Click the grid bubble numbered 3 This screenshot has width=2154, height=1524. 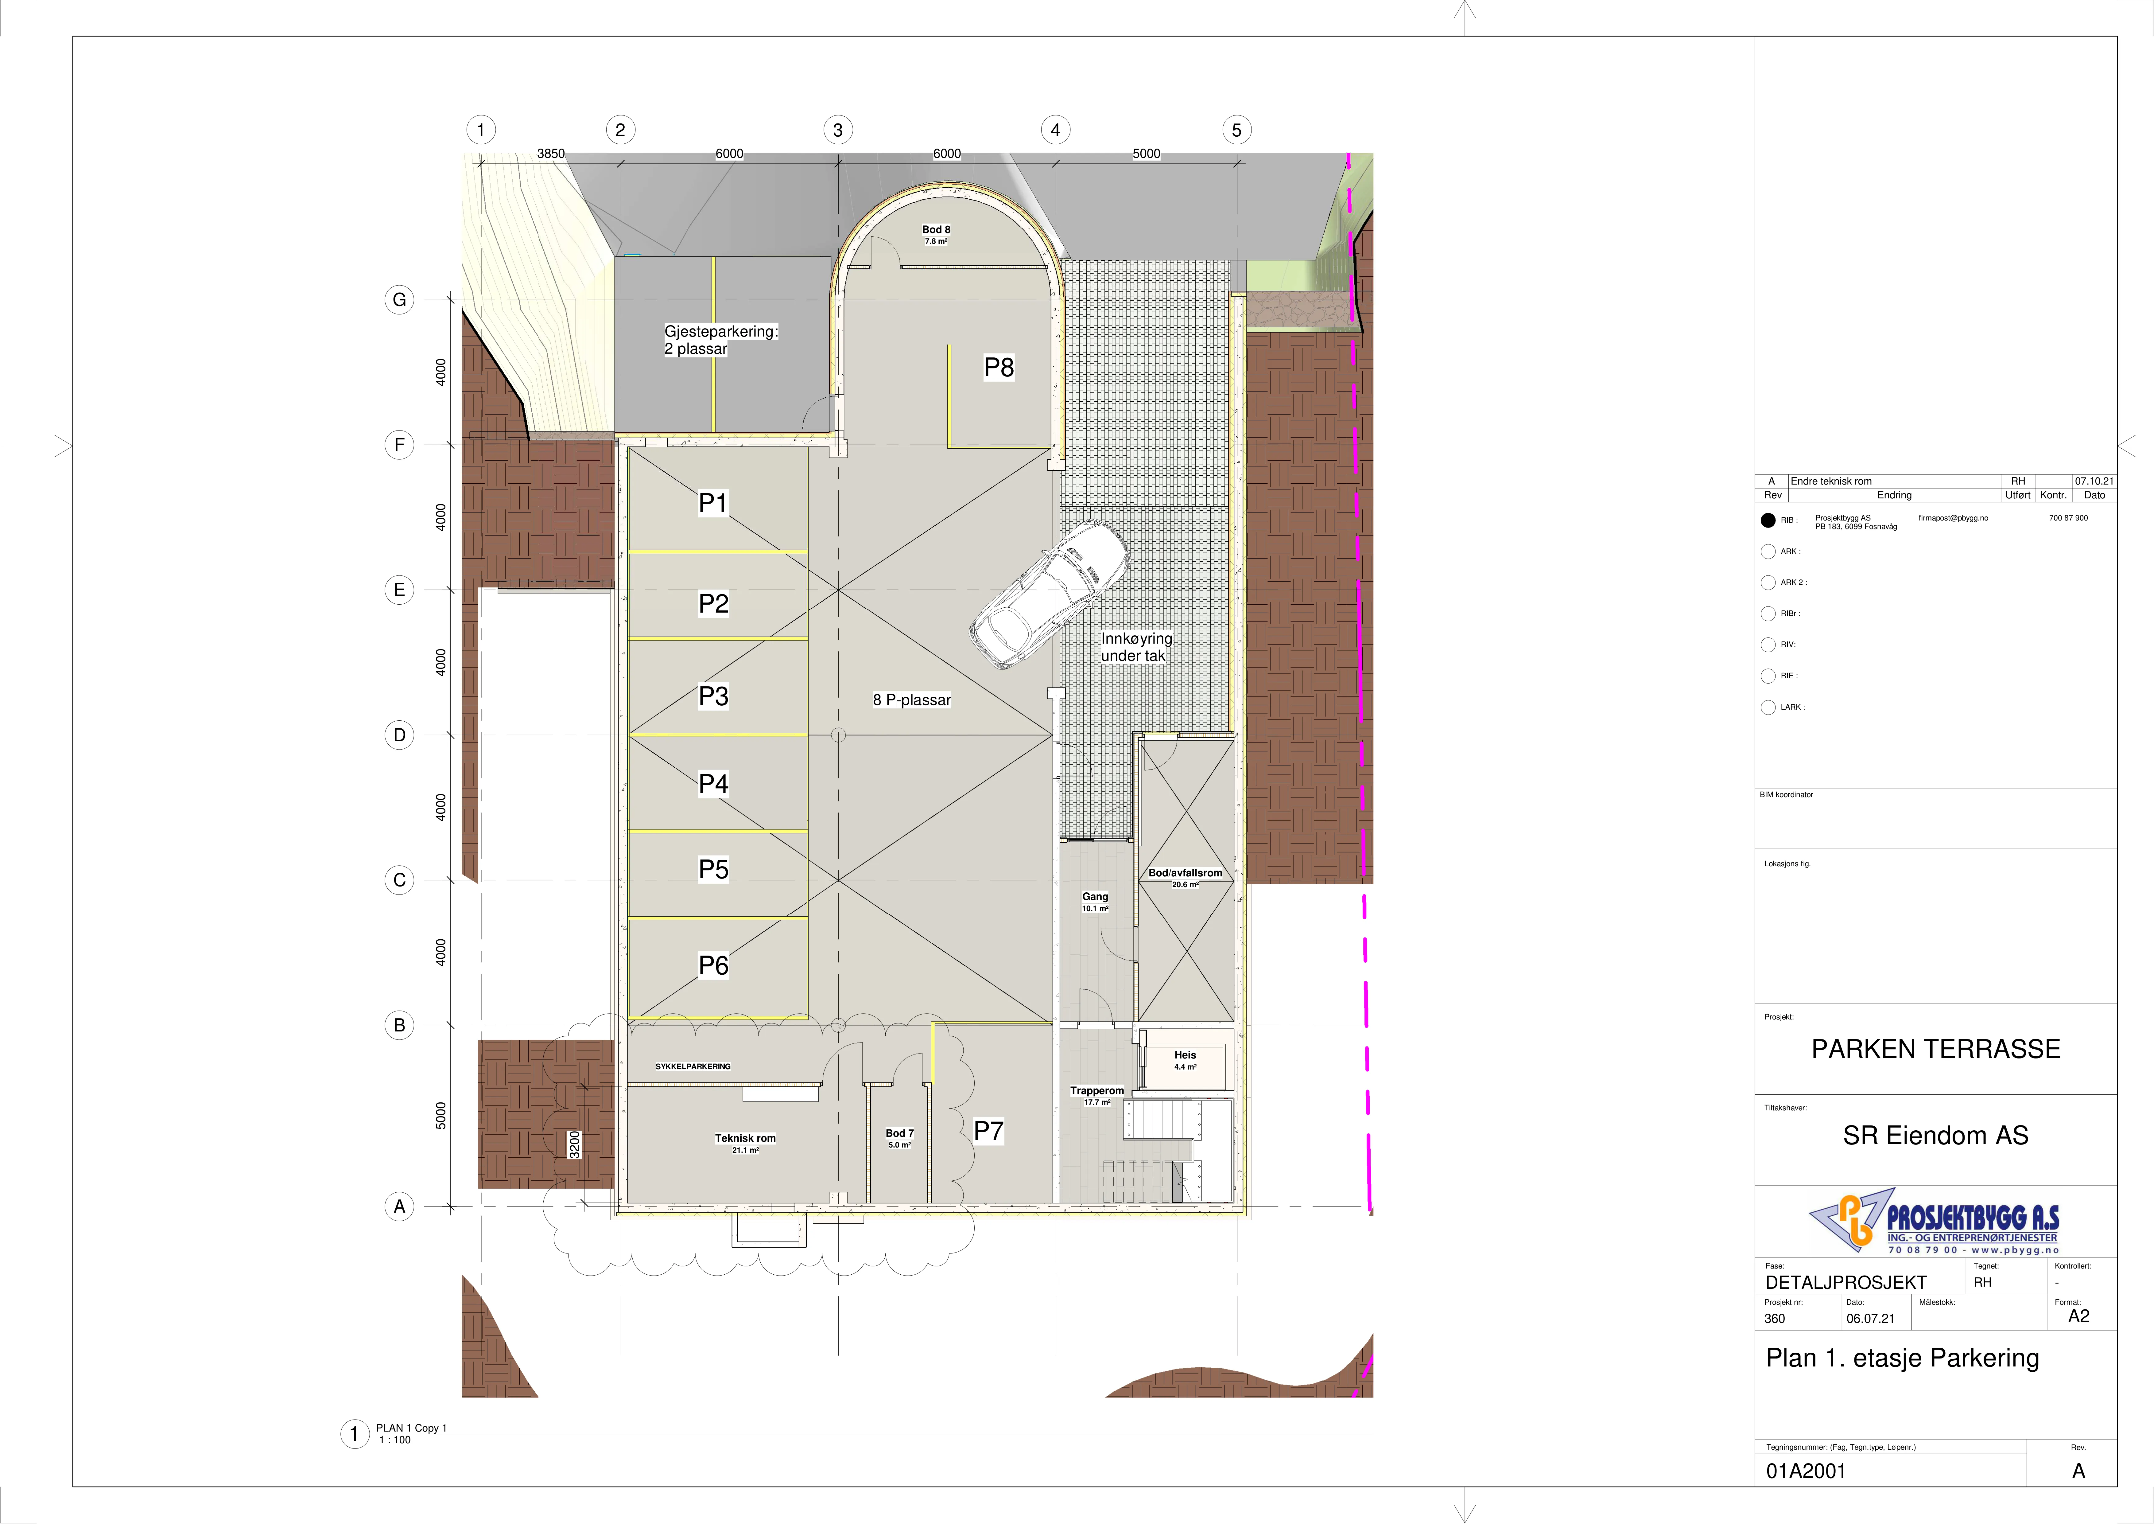(838, 131)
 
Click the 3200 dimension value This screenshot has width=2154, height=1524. (575, 1145)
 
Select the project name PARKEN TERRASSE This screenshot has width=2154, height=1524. (1935, 1049)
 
